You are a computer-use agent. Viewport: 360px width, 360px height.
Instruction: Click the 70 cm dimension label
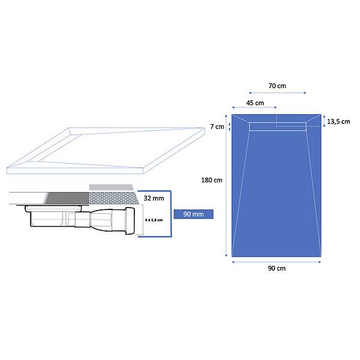pyautogui.click(x=277, y=86)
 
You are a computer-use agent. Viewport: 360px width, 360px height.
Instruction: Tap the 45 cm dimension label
pyautogui.click(x=255, y=103)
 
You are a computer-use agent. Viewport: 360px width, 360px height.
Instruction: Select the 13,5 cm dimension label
pyautogui.click(x=338, y=121)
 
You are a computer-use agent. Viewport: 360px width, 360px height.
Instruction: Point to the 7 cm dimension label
pyautogui.click(x=217, y=127)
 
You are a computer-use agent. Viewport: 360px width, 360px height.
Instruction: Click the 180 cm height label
pyautogui.click(x=212, y=180)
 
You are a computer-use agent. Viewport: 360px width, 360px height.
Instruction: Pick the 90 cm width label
pyautogui.click(x=277, y=268)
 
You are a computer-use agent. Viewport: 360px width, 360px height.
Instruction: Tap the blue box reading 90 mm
pyautogui.click(x=194, y=214)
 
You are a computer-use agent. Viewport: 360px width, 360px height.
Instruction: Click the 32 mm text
pyautogui.click(x=154, y=198)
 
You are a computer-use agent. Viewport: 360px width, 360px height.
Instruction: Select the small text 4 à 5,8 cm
pyautogui.click(x=154, y=220)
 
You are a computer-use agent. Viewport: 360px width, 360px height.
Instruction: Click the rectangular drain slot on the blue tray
pyautogui.click(x=278, y=127)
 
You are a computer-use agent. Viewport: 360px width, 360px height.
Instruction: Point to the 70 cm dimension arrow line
pyautogui.click(x=277, y=93)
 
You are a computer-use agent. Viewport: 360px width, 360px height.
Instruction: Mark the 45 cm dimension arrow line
pyautogui.click(x=254, y=107)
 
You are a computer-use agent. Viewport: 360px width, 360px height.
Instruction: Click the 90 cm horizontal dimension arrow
pyautogui.click(x=277, y=262)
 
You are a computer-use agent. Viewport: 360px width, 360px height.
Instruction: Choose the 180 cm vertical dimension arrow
pyautogui.click(x=226, y=185)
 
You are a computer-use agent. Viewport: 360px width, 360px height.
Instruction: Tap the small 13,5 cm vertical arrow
pyautogui.click(x=324, y=121)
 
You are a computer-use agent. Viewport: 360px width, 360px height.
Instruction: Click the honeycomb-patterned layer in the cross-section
pyautogui.click(x=113, y=199)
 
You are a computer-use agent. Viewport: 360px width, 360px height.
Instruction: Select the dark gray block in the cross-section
pyautogui.click(x=67, y=198)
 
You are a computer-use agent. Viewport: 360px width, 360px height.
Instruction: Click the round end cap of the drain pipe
pyautogui.click(x=130, y=221)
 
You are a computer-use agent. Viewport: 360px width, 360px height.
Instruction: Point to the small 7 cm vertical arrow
pyautogui.click(x=229, y=127)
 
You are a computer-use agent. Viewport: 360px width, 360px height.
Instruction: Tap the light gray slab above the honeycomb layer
pyautogui.click(x=112, y=187)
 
